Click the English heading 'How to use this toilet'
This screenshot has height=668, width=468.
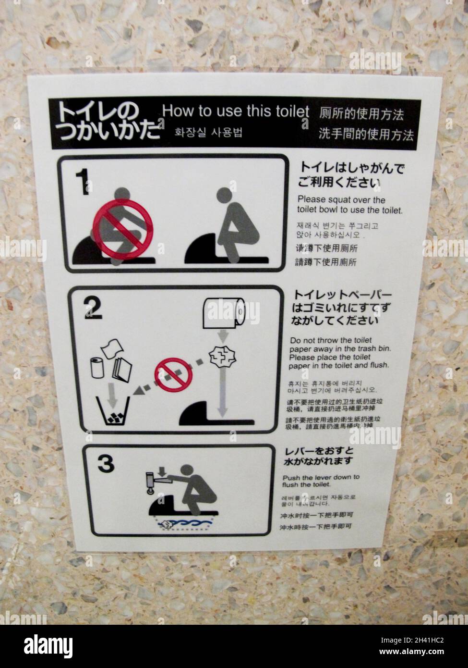pos(236,111)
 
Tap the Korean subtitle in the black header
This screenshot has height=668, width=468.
pos(208,132)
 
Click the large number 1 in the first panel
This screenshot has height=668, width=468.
pos(83,182)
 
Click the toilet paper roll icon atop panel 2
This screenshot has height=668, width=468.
pos(224,313)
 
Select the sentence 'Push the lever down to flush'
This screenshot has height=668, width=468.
pos(321,481)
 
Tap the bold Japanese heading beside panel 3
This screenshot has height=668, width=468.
pos(319,456)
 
